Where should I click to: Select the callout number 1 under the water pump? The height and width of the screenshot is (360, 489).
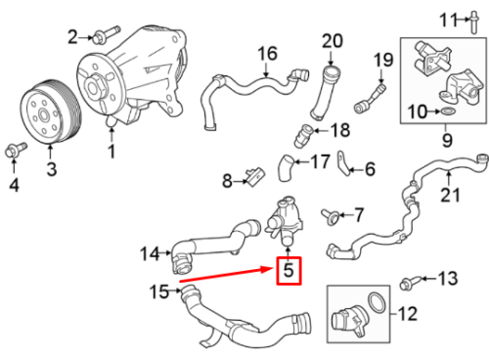pyautogui.click(x=111, y=151)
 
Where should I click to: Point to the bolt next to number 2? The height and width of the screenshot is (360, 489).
pyautogui.click(x=101, y=37)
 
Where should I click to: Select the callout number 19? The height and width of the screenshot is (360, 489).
pyautogui.click(x=382, y=65)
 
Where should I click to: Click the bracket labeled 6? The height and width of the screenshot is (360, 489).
pyautogui.click(x=345, y=166)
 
